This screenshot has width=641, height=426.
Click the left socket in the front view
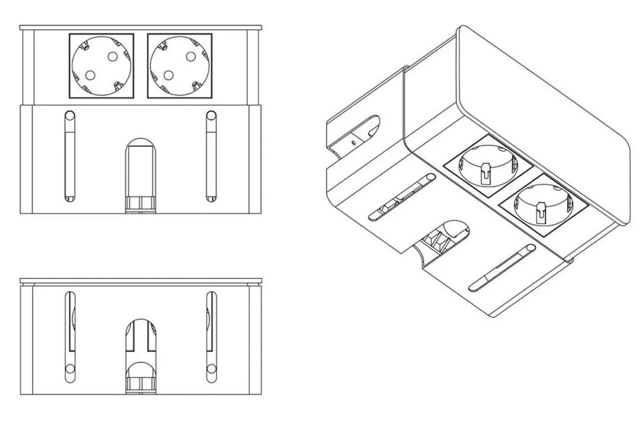click(x=101, y=65)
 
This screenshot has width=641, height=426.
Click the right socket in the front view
click(x=179, y=65)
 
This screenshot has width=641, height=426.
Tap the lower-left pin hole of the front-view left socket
click(x=90, y=75)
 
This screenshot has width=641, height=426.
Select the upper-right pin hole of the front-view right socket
click(x=191, y=56)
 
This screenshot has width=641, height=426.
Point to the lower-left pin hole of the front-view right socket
click(x=168, y=75)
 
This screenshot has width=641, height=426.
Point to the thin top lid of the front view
click(x=141, y=27)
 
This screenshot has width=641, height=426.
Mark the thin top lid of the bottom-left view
click(x=141, y=280)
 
